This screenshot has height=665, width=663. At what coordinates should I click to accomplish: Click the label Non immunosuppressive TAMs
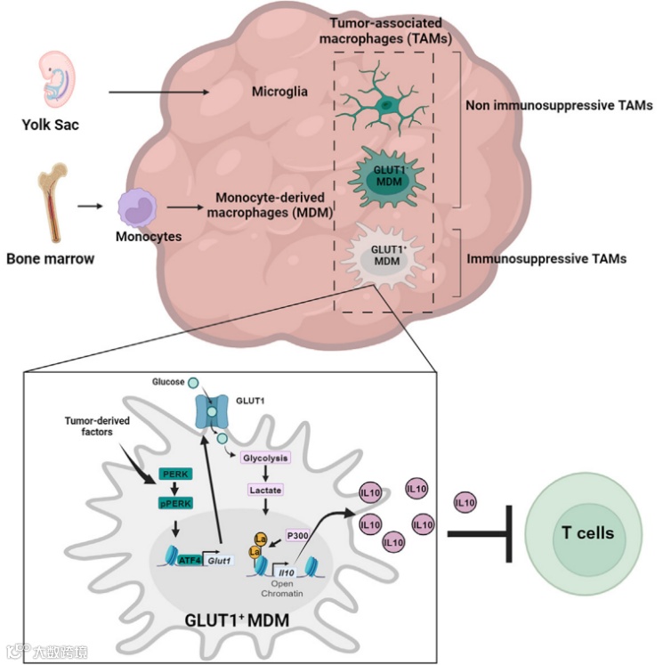tap(559, 105)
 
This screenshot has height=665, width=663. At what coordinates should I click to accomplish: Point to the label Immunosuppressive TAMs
tap(546, 260)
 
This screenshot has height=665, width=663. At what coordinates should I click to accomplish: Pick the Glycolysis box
tap(267, 457)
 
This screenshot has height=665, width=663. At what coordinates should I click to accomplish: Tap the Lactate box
tap(267, 490)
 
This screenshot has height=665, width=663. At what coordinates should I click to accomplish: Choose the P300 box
tap(296, 534)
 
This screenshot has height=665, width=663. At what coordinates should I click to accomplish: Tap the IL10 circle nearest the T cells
tap(464, 504)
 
